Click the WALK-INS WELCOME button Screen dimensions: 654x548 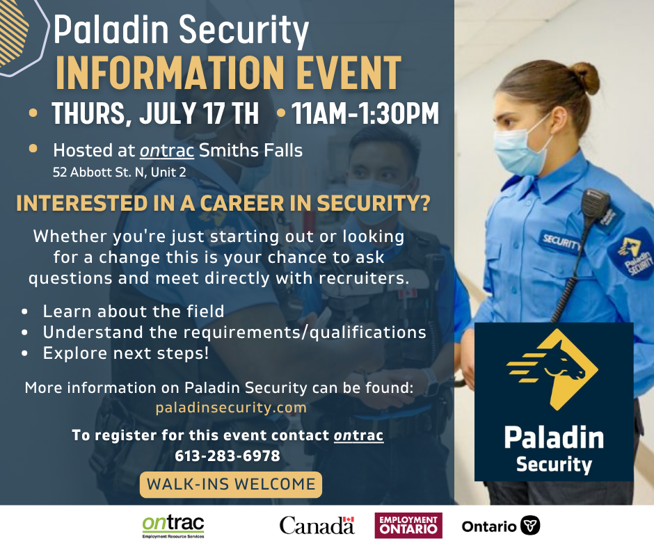(231, 485)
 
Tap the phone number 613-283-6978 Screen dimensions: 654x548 (228, 456)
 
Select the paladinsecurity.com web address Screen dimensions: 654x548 (231, 408)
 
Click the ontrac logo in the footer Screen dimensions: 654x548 (173, 526)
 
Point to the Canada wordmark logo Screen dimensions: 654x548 (317, 526)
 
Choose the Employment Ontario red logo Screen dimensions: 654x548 (408, 526)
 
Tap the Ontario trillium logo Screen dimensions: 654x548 (501, 526)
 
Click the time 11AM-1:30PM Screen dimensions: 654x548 (365, 113)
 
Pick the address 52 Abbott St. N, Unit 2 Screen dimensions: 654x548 (119, 172)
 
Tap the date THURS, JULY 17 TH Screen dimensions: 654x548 (154, 113)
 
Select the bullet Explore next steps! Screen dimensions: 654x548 (125, 353)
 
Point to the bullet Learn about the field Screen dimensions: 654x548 (134, 312)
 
